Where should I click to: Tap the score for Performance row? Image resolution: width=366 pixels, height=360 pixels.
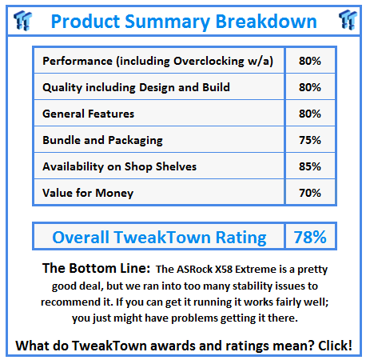tap(310, 61)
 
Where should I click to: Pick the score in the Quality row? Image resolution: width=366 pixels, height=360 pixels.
tap(310, 87)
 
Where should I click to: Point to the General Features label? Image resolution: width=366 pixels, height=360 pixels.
tap(88, 114)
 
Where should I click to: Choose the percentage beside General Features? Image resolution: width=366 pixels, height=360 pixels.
tap(310, 114)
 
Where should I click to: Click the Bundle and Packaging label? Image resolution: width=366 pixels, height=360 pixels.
tap(102, 140)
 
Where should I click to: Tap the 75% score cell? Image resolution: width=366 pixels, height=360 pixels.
tap(310, 140)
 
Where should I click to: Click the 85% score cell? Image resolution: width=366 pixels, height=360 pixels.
tap(310, 166)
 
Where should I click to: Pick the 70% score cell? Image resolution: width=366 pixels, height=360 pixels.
tap(310, 193)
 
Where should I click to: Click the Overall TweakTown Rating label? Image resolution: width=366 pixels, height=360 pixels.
tap(159, 237)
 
